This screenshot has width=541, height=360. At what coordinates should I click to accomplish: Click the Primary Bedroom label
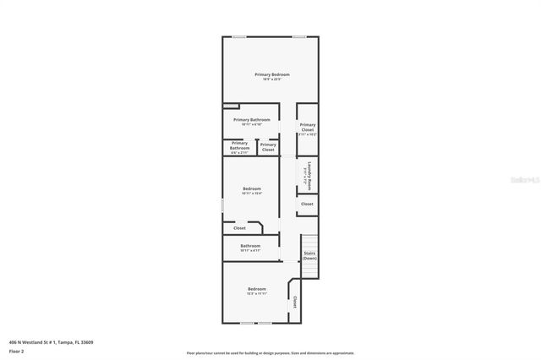click(x=271, y=76)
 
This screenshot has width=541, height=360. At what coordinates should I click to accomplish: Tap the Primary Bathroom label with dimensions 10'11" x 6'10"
click(x=251, y=122)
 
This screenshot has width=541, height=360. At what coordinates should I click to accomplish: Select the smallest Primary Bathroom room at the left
click(x=239, y=147)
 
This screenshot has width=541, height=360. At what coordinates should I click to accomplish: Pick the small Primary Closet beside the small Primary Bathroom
click(x=268, y=147)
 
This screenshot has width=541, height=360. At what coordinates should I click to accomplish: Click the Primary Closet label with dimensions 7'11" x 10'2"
click(x=307, y=129)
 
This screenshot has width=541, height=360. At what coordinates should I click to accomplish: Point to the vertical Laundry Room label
click(x=309, y=172)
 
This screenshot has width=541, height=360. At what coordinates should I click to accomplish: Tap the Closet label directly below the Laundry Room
click(x=307, y=204)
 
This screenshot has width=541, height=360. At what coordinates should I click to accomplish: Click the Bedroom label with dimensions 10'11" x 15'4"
click(x=251, y=190)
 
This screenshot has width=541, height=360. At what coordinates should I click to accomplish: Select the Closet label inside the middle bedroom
click(x=239, y=227)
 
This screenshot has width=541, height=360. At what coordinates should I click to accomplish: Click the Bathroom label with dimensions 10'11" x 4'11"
click(x=250, y=248)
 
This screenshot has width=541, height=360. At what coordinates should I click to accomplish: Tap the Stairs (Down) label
click(x=309, y=254)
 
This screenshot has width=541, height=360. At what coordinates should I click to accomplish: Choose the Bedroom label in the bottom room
click(x=257, y=292)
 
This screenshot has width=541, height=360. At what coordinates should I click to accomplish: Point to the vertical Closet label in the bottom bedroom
click(x=294, y=302)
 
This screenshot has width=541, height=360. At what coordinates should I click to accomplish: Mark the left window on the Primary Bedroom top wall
click(x=240, y=36)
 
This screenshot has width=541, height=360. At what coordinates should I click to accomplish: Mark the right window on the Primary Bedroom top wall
click(x=299, y=36)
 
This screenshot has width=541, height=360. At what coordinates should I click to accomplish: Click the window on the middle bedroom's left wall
click(x=222, y=205)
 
